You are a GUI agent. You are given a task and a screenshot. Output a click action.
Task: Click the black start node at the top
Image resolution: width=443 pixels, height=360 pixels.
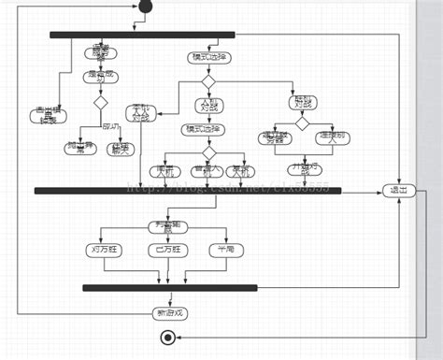pos(144,7)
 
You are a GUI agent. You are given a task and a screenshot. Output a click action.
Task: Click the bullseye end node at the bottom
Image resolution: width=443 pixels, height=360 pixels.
pos(168,338)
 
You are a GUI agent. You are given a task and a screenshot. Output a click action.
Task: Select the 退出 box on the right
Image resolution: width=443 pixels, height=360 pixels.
pos(398,191)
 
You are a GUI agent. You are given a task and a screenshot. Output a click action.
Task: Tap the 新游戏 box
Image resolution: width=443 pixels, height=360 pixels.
pos(168,312)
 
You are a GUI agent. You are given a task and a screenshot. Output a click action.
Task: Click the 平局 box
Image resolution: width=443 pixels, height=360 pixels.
pos(225,250)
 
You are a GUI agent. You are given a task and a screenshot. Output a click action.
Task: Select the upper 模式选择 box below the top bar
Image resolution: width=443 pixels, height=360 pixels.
pos(209,57)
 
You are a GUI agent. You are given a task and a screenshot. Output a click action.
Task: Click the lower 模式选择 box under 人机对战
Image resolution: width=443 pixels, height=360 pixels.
pos(203,129)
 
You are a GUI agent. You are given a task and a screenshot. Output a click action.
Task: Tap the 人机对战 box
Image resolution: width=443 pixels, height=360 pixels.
pos(209,105)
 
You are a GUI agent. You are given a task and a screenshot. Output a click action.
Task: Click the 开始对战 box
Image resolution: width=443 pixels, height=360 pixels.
pos(301,170)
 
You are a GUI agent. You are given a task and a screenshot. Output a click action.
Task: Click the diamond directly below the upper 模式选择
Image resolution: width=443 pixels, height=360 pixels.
pos(209,80)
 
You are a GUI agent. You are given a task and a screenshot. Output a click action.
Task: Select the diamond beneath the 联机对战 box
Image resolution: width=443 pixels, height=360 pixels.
pos(302,123)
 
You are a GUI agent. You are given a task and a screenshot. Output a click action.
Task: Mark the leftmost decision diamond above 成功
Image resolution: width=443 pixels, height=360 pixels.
pos(99,103)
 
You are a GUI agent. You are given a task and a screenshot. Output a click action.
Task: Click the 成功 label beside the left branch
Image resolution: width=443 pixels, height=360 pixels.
pos(110,125)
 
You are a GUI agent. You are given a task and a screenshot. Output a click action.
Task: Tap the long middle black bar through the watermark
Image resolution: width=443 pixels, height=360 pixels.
pos(187,191)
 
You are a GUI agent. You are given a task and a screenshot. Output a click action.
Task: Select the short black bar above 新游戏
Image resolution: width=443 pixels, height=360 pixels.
pos(168,287)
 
